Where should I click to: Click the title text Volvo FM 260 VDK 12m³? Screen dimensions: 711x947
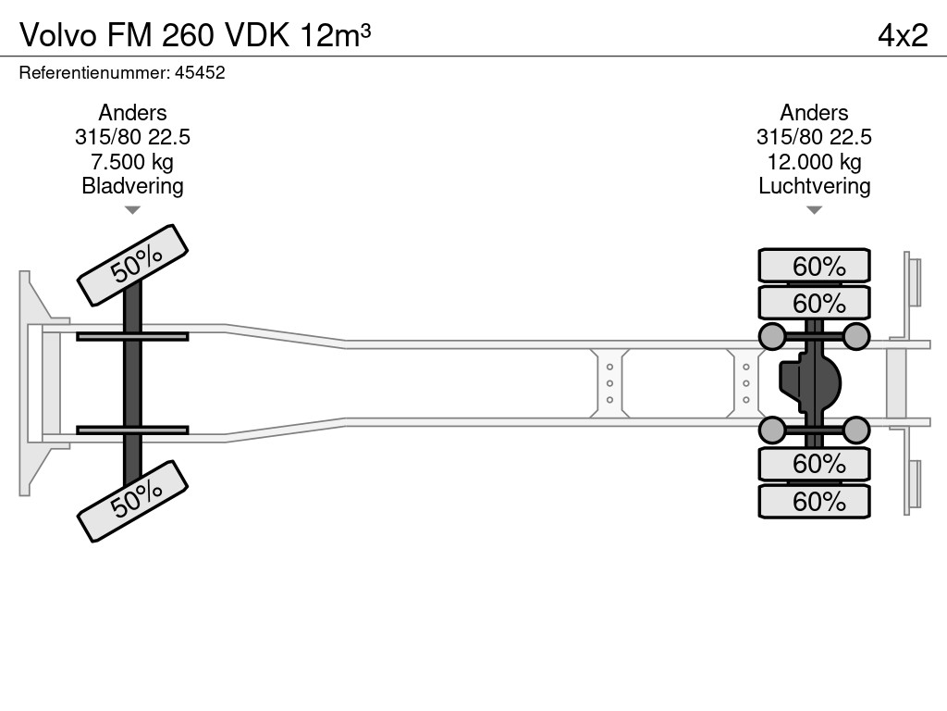[x=196, y=34]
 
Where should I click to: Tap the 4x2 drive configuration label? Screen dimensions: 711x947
[x=902, y=34]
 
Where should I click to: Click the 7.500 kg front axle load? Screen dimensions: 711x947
[x=132, y=162]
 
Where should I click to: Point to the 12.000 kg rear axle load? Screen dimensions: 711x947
[x=814, y=162]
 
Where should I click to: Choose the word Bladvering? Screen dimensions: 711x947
[x=132, y=186]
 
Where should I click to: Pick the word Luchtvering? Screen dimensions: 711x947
[x=814, y=186]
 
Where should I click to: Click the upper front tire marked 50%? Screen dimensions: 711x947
[x=132, y=266]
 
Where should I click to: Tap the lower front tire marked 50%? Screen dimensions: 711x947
[x=132, y=501]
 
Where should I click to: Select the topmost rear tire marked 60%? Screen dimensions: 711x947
[x=814, y=266]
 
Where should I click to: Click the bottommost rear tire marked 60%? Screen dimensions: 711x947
[x=814, y=502]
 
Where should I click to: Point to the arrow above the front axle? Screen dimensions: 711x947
[x=132, y=210]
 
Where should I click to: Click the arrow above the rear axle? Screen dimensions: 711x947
[x=814, y=210]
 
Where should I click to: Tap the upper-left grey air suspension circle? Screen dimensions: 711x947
[x=771, y=336]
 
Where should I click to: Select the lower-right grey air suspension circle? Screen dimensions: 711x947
[x=856, y=430]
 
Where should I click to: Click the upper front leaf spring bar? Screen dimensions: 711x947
[x=132, y=336]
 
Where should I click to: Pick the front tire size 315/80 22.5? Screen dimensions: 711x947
[x=132, y=137]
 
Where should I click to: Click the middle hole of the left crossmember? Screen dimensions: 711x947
[x=610, y=383]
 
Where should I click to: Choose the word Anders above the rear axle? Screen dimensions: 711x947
[x=814, y=113]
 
